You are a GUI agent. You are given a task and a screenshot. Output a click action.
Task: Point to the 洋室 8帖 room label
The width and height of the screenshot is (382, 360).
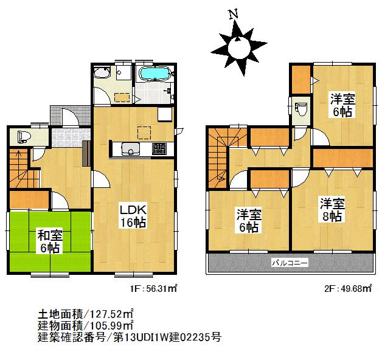click(332, 209)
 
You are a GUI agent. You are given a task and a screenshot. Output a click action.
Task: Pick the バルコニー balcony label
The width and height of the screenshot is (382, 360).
click(290, 263)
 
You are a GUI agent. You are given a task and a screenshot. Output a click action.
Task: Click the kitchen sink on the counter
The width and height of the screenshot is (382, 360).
click(130, 148)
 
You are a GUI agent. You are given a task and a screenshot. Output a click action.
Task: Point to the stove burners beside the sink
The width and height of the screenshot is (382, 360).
click(158, 148)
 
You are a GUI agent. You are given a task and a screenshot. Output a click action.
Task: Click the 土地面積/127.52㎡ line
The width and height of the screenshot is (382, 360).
click(85, 314)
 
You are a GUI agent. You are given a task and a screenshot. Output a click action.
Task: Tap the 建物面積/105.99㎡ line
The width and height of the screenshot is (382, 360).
click(85, 325)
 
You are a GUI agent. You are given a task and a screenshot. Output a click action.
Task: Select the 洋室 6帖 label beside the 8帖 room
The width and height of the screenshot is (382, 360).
click(249, 221)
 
